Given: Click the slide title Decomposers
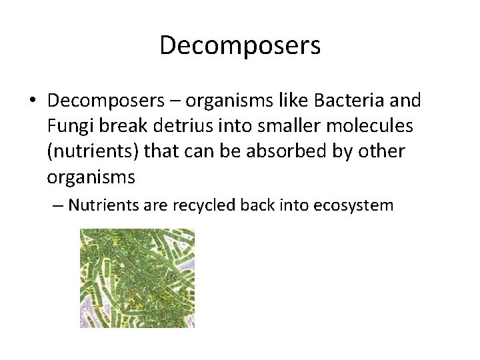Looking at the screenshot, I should click(x=240, y=45).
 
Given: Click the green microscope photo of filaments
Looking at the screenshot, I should click(x=137, y=277).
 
